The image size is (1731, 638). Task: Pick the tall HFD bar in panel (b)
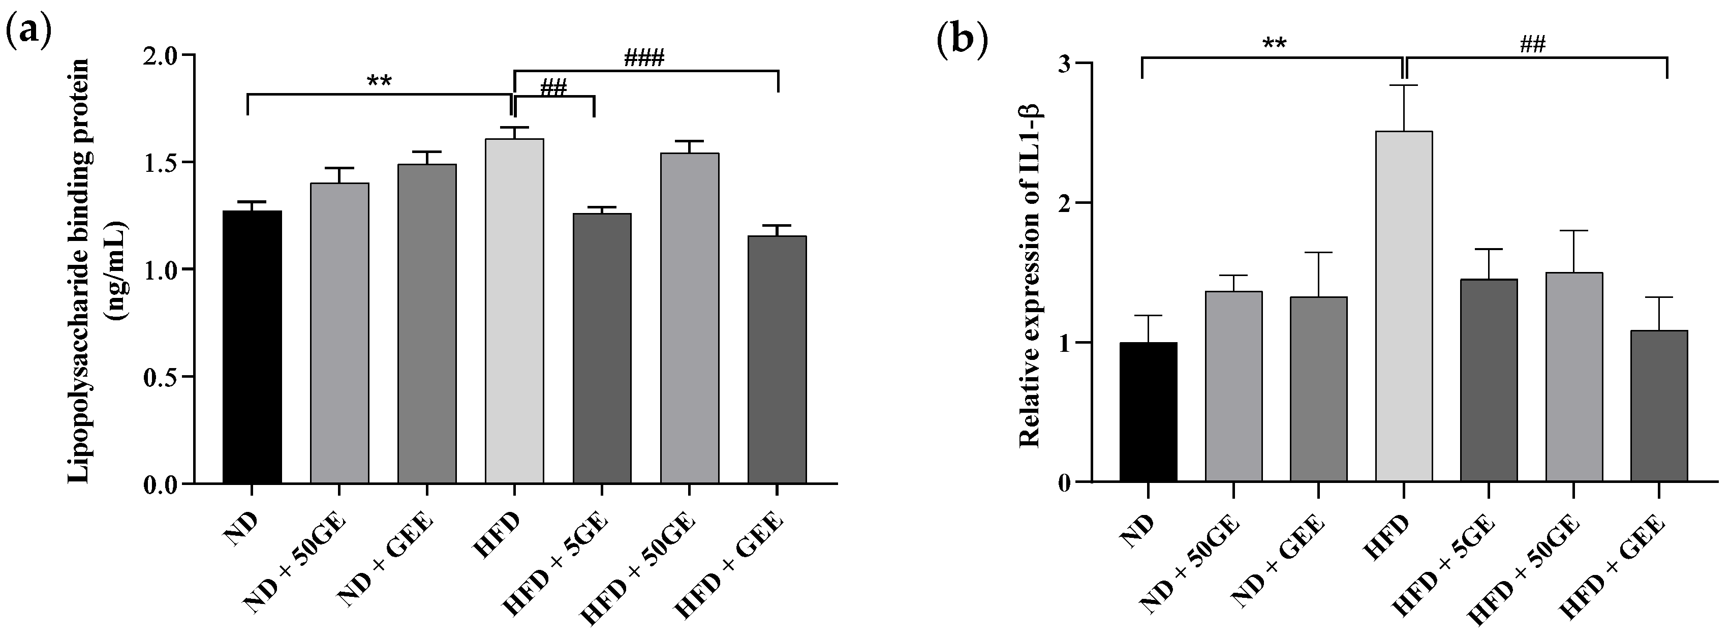(x=1404, y=306)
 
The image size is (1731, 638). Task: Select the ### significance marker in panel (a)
(x=644, y=58)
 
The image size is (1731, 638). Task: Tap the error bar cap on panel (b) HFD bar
(x=1404, y=85)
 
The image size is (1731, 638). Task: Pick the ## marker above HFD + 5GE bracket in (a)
(x=553, y=87)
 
